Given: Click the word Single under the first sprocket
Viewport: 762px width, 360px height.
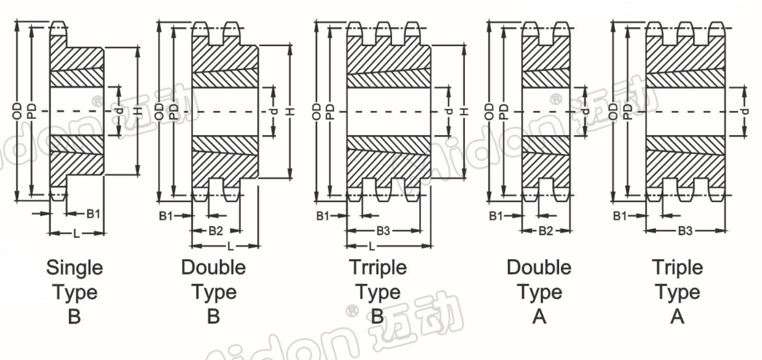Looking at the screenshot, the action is [x=74, y=268].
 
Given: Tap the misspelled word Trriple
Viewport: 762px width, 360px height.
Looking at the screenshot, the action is [x=378, y=268].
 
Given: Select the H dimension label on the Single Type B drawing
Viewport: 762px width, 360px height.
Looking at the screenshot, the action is [x=138, y=112].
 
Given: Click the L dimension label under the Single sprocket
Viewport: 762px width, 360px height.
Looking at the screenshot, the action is [x=76, y=234].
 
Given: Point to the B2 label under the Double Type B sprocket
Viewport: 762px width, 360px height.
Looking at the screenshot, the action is [x=216, y=231].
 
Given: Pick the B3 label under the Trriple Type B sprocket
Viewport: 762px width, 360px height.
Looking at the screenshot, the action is [x=384, y=231].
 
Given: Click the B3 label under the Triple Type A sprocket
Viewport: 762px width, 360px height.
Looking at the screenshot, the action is [x=685, y=231].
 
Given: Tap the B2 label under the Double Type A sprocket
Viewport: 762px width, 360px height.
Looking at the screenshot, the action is [x=545, y=231].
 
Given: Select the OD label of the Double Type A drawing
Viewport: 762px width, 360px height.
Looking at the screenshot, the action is [x=490, y=112].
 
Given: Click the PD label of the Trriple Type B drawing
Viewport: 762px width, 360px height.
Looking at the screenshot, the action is [x=331, y=112].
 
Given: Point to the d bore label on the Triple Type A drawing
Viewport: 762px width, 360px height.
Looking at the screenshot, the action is [x=745, y=112].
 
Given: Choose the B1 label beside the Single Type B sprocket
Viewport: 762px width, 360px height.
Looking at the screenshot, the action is [x=94, y=213].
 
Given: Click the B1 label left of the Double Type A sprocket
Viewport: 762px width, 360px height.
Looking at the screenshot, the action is [x=496, y=216].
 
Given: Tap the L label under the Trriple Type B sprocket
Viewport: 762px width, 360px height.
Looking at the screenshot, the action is [x=372, y=246].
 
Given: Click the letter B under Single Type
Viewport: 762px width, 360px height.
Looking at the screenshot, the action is [x=74, y=316].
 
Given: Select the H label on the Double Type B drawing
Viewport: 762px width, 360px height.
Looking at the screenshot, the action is [x=291, y=112].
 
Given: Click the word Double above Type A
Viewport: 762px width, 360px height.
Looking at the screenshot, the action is [x=539, y=268].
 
